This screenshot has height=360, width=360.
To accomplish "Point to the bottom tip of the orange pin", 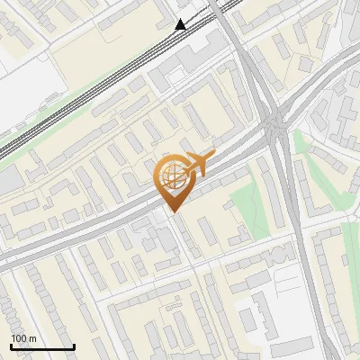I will pos(172,212).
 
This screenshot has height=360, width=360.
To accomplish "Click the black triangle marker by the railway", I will pos(181,24).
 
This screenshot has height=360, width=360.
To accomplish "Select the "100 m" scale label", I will pos(23,338).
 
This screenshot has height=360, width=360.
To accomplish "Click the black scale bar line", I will pos(42,347).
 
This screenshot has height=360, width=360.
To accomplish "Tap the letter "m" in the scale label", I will pos(32,338).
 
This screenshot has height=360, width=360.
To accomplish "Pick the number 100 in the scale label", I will pos(19,338).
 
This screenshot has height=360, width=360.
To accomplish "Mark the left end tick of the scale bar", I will pos(11,346).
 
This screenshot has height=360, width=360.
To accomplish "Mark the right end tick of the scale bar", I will pos(74,346).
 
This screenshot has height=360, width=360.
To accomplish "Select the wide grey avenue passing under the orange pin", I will pos(108,229).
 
